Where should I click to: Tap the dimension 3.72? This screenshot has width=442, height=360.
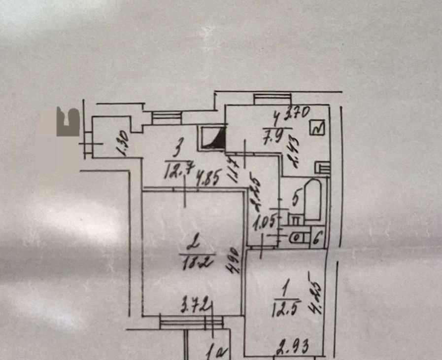[195, 302]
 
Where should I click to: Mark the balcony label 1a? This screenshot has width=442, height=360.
[215, 352]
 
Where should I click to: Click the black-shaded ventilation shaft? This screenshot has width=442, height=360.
[215, 140]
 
